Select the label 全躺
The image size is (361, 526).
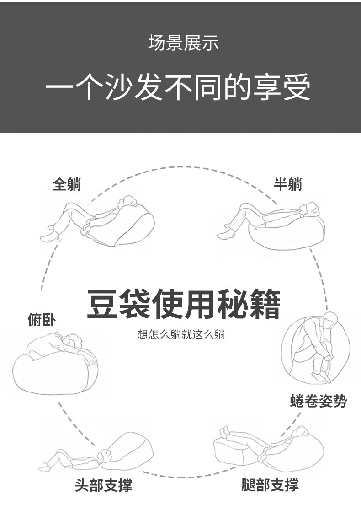[67, 184]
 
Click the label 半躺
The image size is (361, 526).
[287, 184]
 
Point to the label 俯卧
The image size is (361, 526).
[42, 320]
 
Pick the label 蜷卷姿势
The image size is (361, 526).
[319, 402]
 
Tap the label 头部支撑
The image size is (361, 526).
[104, 484]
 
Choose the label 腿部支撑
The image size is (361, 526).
[270, 484]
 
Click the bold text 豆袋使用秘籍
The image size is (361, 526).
[183, 303]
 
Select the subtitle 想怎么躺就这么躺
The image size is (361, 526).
[181, 335]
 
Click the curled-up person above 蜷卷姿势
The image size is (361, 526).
[320, 348]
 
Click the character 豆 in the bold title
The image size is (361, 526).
[101, 303]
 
